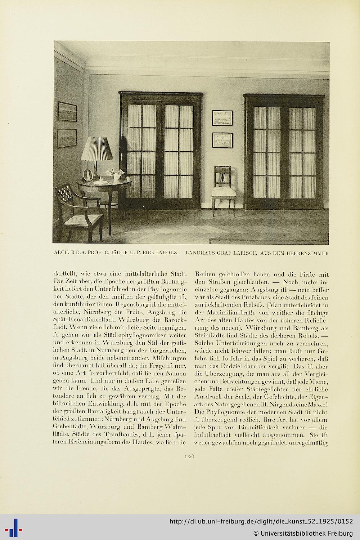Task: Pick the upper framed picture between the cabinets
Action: tap(223, 118)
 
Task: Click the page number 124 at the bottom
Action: tap(190, 456)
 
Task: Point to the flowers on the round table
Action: tap(117, 173)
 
